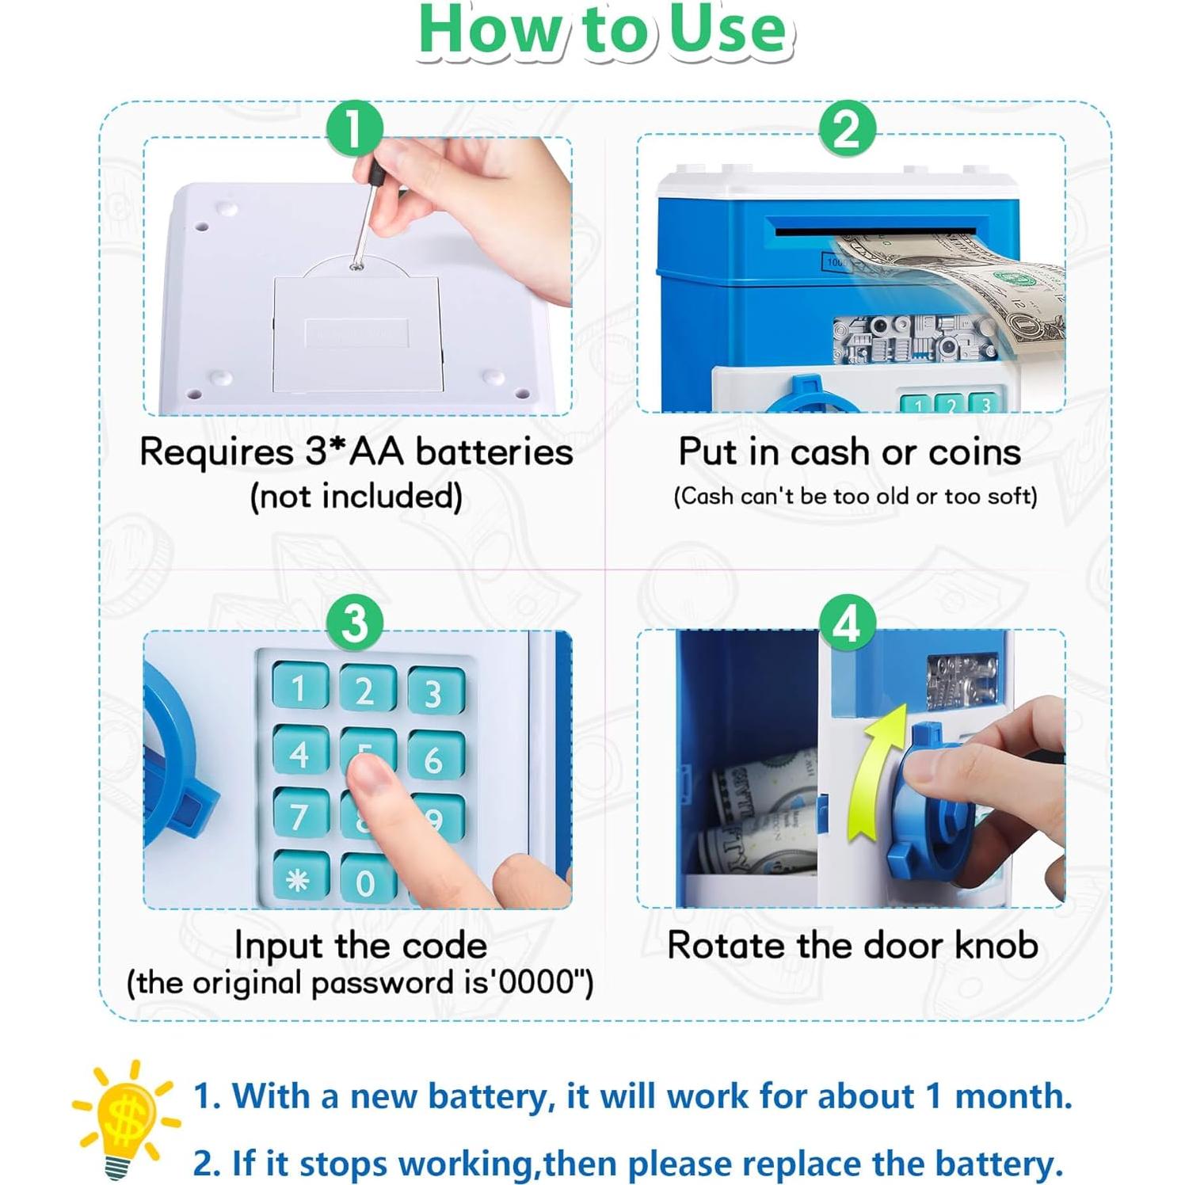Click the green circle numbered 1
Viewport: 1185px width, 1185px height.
tap(355, 128)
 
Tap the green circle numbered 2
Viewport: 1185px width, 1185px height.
tap(847, 128)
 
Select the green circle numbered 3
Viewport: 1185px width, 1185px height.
tap(355, 623)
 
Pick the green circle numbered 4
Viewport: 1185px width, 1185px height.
tap(847, 623)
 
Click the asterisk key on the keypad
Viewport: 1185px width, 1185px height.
tap(299, 879)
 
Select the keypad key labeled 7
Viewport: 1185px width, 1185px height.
tap(299, 815)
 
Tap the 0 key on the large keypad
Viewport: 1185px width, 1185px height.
tap(366, 881)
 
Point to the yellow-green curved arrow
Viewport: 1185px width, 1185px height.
tap(875, 772)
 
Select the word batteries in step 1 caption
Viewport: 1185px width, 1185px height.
tap(493, 452)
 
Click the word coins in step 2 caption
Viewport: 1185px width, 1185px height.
tap(974, 452)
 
